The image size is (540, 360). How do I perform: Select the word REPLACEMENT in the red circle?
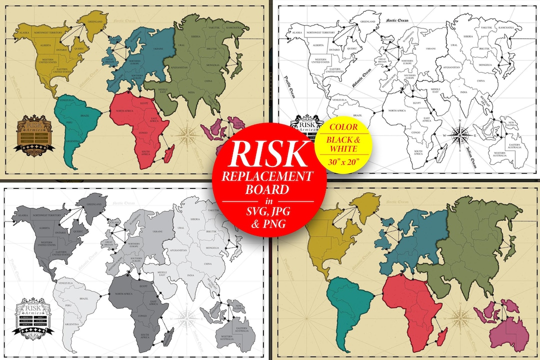[269, 176]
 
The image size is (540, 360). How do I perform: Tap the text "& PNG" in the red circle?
[269, 224]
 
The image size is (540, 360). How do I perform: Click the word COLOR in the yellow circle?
[342, 127]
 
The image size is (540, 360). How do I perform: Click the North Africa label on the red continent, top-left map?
[127, 110]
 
